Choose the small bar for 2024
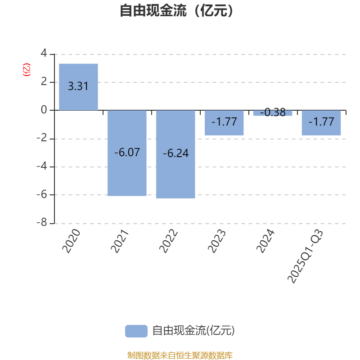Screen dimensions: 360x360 tap(273, 113)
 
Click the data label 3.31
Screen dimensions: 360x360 tap(78, 86)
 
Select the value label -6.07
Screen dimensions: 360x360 tap(127, 153)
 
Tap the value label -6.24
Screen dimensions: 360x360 tap(175, 153)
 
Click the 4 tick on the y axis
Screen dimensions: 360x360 tap(44, 54)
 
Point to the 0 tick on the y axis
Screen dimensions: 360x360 tap(44, 110)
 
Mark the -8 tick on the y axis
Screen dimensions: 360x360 tap(42, 223)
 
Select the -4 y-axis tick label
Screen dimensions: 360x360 tap(42, 166)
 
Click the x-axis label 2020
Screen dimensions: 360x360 tap(72, 240)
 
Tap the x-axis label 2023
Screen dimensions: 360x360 tap(217, 240)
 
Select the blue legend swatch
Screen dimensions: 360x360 tap(136, 331)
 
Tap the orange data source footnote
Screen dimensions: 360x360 tap(180, 355)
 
